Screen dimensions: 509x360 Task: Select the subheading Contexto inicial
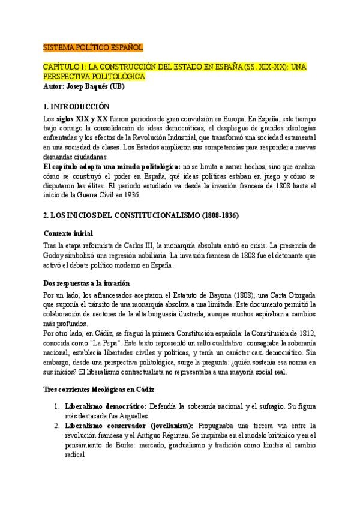click(70, 233)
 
